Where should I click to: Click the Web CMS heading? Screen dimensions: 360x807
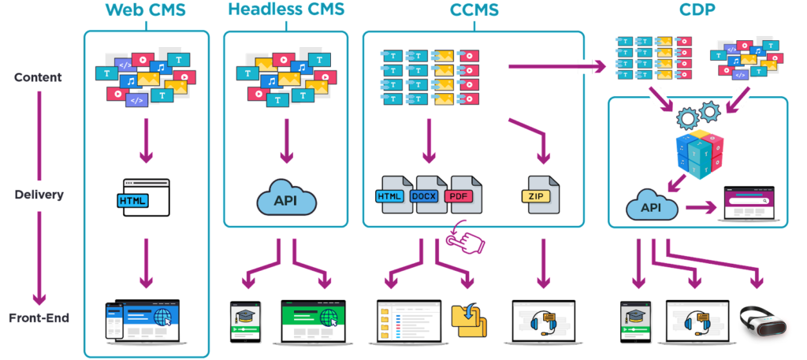click(x=146, y=11)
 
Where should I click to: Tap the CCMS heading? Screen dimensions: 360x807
click(x=473, y=11)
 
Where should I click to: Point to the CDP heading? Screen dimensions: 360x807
click(x=698, y=11)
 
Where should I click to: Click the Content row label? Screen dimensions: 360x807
click(x=37, y=78)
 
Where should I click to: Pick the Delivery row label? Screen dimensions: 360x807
click(x=39, y=195)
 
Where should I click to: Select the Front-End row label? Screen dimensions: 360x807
click(x=39, y=317)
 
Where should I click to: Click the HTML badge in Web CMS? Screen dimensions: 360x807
click(x=132, y=201)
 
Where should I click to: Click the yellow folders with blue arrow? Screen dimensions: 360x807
click(x=469, y=320)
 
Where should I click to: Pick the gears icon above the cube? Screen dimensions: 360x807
click(x=699, y=115)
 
